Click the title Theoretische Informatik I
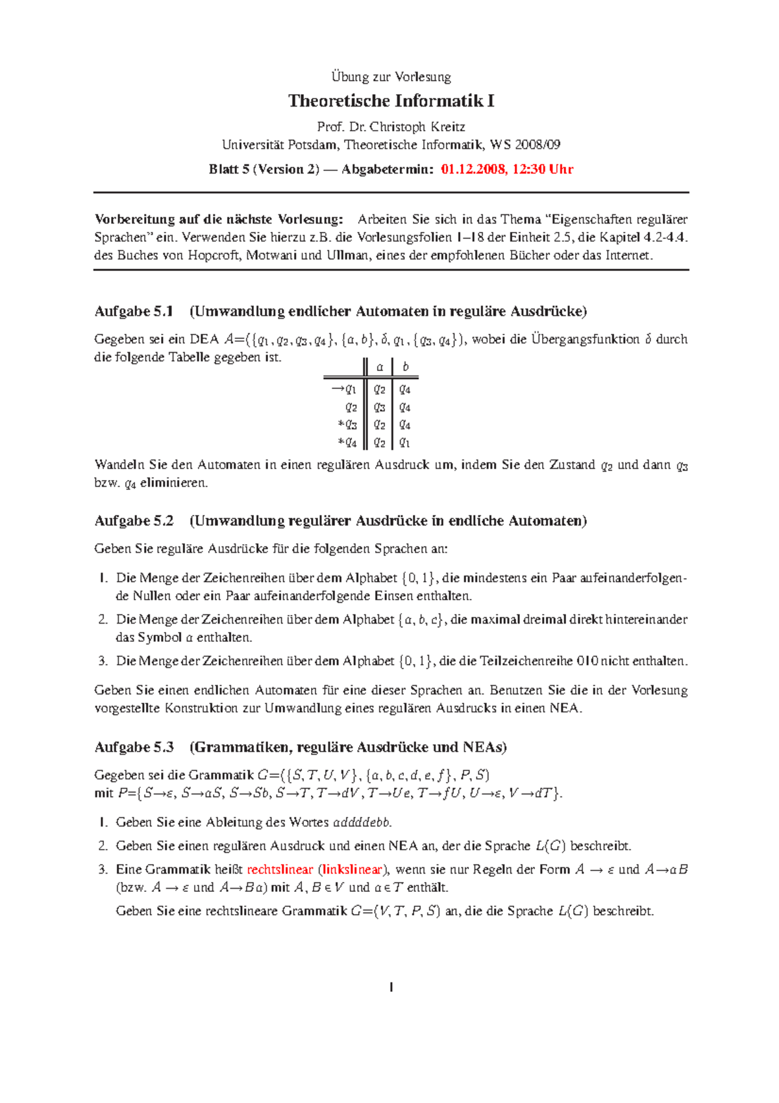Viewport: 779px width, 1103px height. point(391,101)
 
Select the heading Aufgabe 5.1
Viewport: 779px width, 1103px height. point(134,311)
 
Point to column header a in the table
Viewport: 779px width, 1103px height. point(380,367)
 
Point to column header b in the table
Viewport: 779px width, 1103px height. point(406,367)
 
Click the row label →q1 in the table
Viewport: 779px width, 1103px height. point(344,389)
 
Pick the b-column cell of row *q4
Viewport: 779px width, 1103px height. point(404,442)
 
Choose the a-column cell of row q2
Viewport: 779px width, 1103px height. point(380,407)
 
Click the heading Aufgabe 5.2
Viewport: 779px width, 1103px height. point(134,521)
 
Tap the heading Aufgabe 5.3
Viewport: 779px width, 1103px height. point(134,747)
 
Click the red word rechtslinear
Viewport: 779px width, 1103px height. point(280,869)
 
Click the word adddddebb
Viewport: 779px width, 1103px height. point(362,822)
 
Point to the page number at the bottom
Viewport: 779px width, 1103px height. point(391,987)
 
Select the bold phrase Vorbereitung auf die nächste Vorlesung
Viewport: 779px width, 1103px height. point(219,219)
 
